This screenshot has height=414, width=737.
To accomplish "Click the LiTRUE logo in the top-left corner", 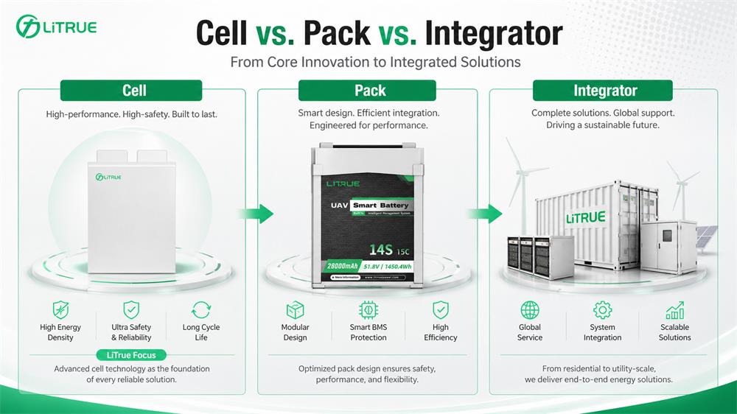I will tap(56, 27).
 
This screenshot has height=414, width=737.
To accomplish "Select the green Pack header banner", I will tap(368, 91).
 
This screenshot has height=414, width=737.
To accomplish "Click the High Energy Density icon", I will tap(60, 309).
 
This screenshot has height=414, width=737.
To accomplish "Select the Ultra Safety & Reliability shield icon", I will tap(131, 309).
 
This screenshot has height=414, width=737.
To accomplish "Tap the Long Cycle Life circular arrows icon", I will tap(201, 309).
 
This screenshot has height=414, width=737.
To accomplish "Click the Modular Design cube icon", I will tap(296, 309).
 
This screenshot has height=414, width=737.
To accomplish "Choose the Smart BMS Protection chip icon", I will tap(368, 309).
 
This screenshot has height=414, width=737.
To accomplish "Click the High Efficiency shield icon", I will tap(441, 309).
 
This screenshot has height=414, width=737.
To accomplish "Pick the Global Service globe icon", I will tap(530, 309).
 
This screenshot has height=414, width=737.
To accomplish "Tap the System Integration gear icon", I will tap(603, 309).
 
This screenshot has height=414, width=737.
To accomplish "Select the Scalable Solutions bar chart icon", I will tap(674, 309).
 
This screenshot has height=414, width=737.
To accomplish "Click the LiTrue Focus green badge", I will tap(131, 354).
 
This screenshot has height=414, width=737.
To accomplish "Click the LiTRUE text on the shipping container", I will tap(585, 217).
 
